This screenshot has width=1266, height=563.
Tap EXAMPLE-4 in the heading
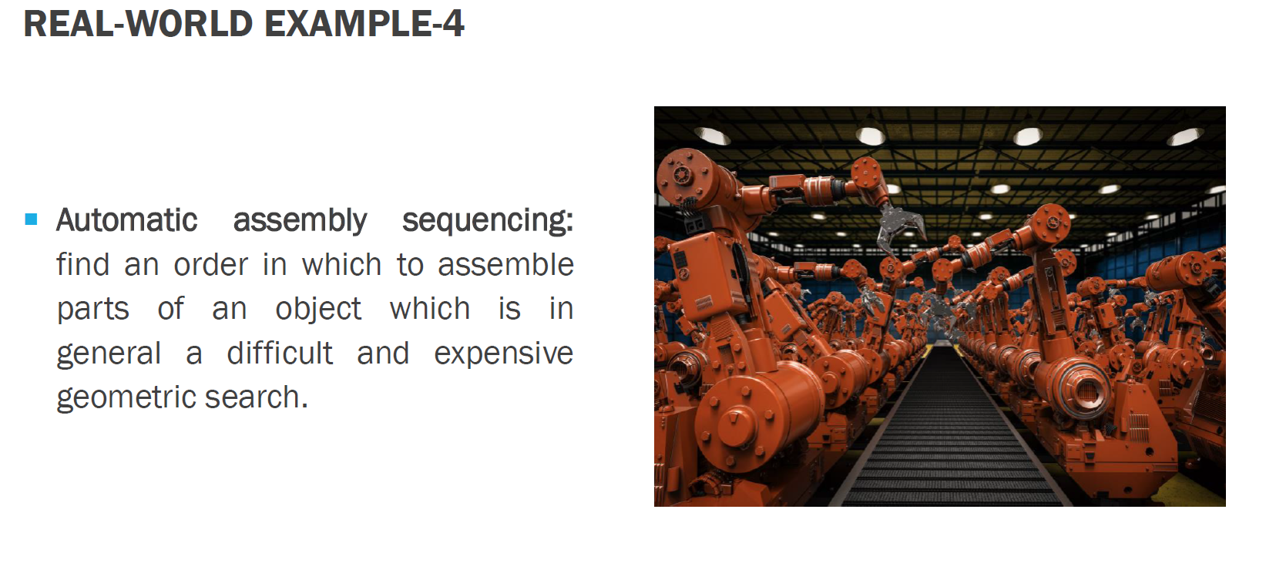click(364, 23)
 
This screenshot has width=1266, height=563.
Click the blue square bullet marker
click(31, 220)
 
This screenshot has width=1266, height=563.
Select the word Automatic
click(127, 220)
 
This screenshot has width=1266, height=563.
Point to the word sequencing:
click(488, 221)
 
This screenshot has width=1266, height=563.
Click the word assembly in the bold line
click(300, 221)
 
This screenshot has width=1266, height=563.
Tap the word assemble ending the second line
click(505, 265)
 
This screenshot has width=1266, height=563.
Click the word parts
click(92, 310)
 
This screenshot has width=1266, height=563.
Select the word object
click(318, 310)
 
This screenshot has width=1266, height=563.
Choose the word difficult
click(280, 354)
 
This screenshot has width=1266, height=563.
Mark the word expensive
click(503, 354)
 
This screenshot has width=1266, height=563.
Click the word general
click(109, 354)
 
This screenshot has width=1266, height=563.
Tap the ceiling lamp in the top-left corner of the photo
click(711, 136)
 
